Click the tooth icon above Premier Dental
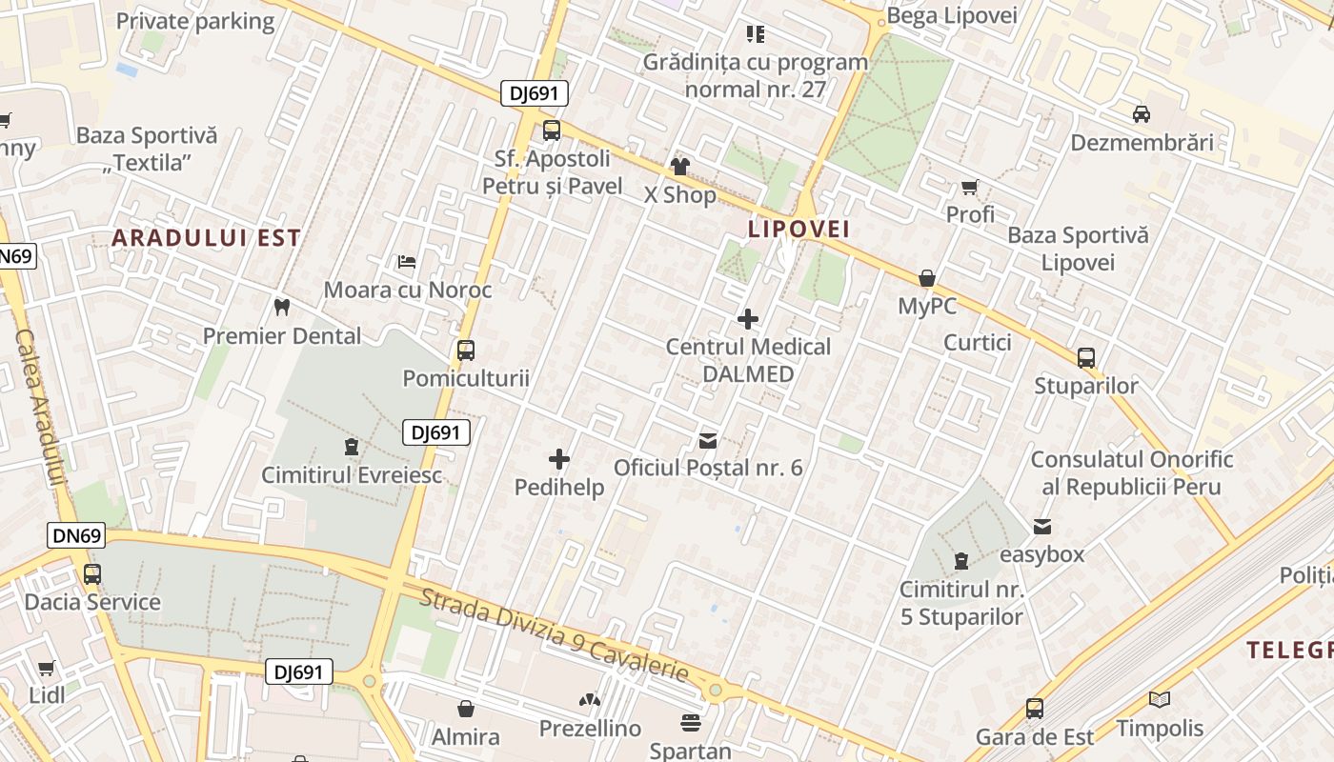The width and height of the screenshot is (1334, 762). point(281,307)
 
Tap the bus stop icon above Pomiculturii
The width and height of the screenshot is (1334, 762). point(466,350)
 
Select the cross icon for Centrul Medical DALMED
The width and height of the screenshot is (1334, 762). point(748,318)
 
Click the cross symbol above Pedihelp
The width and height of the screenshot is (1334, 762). point(559,460)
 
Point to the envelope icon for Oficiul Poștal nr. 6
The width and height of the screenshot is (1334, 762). point(708,440)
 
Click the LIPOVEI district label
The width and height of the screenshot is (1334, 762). point(798,230)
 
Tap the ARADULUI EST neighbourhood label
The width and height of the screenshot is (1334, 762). point(206,238)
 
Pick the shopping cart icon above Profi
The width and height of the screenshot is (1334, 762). point(970,187)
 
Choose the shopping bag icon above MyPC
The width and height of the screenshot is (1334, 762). point(926,278)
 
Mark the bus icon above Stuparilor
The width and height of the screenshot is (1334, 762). point(1086,358)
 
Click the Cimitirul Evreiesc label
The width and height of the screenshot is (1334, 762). point(353,474)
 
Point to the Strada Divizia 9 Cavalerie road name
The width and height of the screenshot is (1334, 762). point(554,635)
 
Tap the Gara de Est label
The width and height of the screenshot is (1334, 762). point(1035,737)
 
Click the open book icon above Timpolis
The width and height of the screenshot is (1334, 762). point(1160,700)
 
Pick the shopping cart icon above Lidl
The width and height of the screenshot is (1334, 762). point(46,669)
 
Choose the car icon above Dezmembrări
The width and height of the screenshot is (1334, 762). point(1142,114)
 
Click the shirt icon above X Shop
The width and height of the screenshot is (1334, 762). point(679,167)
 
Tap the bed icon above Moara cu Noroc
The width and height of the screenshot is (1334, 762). point(407,261)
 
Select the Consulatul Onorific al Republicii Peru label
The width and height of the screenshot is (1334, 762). point(1132,472)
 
